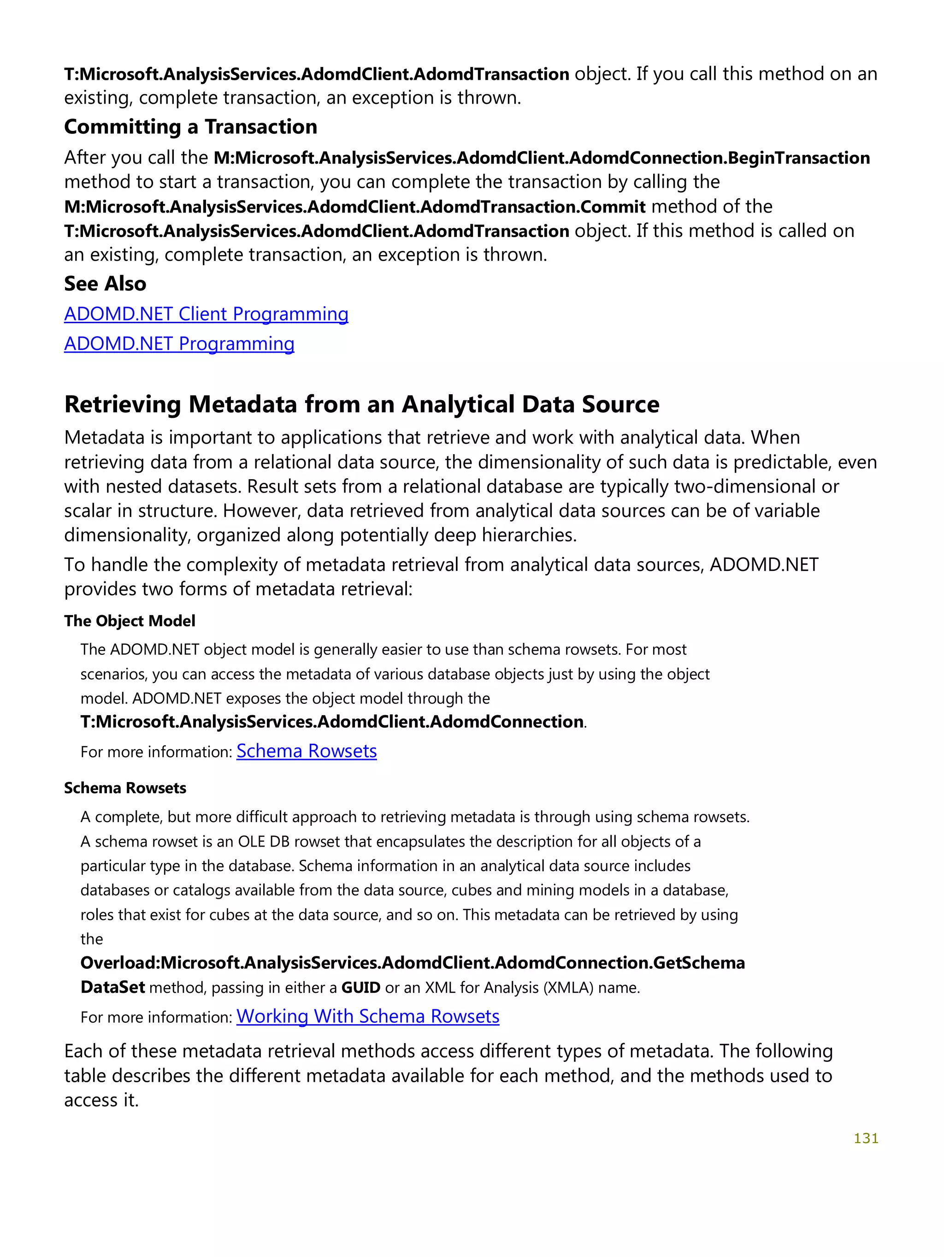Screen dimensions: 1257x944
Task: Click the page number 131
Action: click(x=866, y=1138)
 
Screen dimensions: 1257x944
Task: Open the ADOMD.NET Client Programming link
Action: click(x=206, y=314)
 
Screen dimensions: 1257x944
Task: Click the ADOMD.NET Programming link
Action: click(x=179, y=344)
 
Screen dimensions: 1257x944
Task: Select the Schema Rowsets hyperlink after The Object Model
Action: click(x=306, y=751)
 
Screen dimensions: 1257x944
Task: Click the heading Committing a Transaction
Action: click(x=190, y=127)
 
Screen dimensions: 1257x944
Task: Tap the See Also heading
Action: click(x=105, y=284)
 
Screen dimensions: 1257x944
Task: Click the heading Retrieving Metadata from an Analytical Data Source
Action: click(x=361, y=404)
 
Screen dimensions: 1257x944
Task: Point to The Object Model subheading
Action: click(x=130, y=621)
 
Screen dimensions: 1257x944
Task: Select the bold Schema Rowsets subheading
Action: click(x=125, y=788)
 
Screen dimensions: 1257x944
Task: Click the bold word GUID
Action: click(x=360, y=988)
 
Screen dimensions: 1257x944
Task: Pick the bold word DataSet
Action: click(x=112, y=988)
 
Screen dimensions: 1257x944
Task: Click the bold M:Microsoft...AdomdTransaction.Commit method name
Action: click(x=354, y=207)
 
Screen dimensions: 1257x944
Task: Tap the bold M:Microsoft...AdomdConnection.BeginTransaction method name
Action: click(x=541, y=158)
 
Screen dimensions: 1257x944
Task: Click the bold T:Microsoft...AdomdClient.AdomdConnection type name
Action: click(x=332, y=722)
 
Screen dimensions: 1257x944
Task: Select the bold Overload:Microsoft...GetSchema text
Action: click(x=413, y=963)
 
